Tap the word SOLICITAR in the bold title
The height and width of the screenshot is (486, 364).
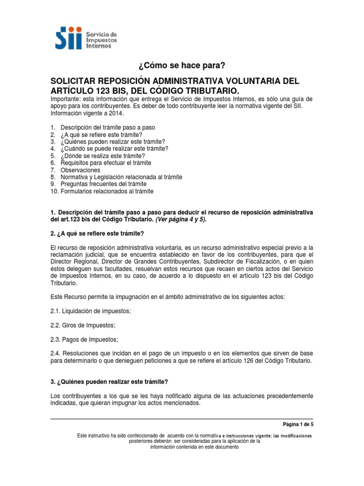tap(80, 81)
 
